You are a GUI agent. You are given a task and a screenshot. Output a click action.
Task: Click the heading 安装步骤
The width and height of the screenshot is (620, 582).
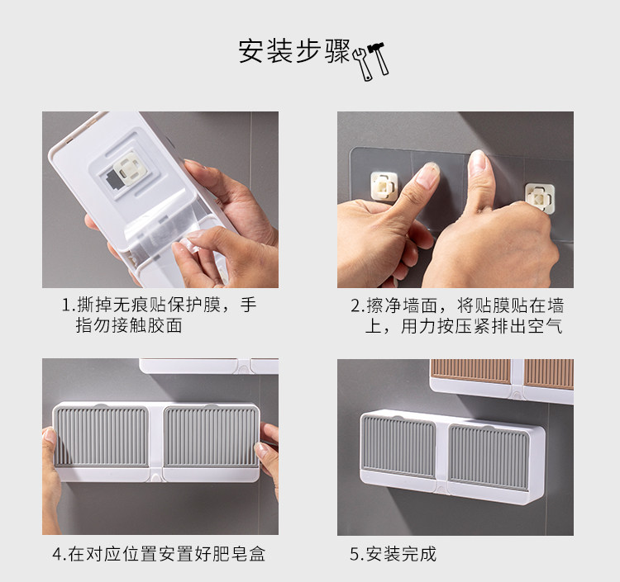[x=294, y=51]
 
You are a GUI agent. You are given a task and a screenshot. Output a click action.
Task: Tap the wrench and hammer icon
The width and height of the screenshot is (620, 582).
[x=370, y=61]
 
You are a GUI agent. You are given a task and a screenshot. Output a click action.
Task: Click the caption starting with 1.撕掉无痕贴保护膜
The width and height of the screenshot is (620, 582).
[x=159, y=315]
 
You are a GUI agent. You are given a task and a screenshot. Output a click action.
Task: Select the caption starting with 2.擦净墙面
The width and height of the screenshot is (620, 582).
[x=456, y=315]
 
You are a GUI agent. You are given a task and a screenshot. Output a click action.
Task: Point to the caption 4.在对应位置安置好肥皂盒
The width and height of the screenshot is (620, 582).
[x=159, y=554]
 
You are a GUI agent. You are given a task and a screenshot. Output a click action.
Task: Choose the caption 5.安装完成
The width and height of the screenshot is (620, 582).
[x=393, y=554]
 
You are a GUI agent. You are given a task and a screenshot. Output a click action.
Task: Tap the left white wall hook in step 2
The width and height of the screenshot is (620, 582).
[x=384, y=186]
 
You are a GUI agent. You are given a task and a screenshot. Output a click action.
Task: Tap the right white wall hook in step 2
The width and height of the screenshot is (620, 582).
[x=539, y=198]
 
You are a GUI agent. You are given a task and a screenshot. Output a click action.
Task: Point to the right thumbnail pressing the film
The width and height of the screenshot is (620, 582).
[x=478, y=161]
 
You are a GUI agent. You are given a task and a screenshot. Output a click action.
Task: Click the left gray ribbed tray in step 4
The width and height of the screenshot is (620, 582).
[x=101, y=437]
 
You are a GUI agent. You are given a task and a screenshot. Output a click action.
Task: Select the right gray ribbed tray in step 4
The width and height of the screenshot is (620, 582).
[x=211, y=437]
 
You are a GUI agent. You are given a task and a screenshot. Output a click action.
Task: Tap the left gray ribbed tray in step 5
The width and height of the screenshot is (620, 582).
[x=399, y=446]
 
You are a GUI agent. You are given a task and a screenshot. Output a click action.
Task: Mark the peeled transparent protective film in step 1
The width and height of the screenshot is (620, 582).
[x=170, y=233]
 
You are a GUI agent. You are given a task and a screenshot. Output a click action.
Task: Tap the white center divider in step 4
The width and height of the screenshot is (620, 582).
[x=155, y=443]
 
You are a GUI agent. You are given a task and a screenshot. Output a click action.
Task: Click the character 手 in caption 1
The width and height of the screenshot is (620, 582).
[x=248, y=305]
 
